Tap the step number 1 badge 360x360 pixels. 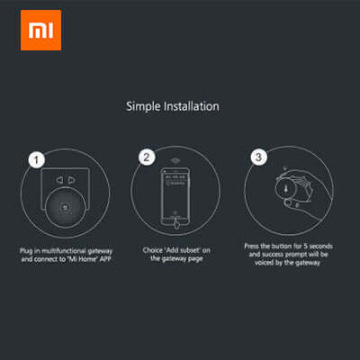34,159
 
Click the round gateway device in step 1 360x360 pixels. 64,208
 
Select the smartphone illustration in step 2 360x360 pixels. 175,194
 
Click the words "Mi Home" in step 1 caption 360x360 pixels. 85,255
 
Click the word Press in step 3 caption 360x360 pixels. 254,245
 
